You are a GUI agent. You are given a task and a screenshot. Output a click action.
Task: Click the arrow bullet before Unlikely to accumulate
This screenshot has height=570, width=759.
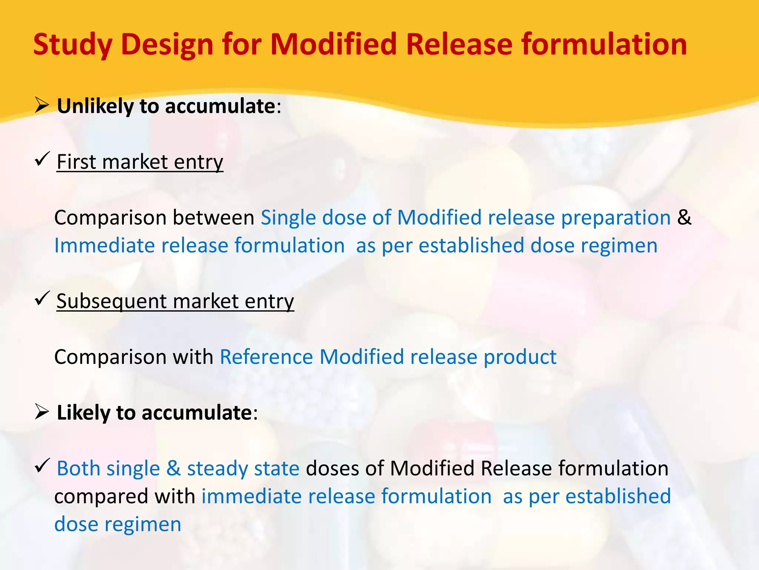42,106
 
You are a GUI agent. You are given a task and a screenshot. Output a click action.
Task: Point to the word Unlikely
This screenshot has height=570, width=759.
95,106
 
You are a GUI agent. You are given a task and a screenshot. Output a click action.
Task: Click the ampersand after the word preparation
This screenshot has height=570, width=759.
684,217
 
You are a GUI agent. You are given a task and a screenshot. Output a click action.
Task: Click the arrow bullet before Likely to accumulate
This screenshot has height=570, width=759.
42,412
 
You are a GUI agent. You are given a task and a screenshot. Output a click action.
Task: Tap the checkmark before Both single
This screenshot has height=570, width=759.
42,465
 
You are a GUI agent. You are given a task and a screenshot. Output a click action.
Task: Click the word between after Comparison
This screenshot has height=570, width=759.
213,217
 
